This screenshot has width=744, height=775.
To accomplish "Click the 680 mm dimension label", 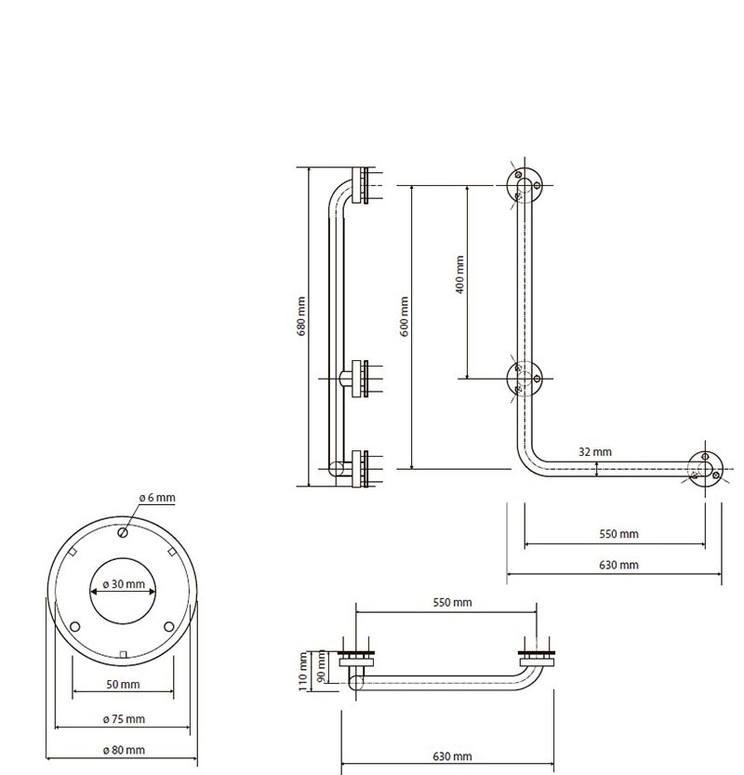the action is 301,316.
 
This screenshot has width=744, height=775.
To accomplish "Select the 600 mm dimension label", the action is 405,316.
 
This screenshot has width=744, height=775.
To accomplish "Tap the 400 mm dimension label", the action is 459,274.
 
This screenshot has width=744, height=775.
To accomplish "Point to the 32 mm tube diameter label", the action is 595,452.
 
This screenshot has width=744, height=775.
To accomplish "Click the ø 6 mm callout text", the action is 157,497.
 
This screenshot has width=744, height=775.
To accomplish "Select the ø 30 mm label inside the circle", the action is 124,583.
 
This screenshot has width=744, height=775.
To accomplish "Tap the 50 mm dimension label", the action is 123,685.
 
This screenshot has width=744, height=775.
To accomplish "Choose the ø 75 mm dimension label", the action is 124,719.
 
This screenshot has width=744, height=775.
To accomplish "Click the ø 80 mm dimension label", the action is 124,750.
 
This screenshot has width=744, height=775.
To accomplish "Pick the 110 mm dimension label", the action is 303,671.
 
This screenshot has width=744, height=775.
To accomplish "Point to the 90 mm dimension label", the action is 321,666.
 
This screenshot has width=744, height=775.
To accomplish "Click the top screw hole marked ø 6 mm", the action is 123,532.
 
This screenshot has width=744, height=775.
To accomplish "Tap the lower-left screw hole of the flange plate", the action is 75,627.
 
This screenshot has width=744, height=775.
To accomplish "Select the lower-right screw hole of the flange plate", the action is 169,627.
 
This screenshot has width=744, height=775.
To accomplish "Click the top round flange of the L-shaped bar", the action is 525,185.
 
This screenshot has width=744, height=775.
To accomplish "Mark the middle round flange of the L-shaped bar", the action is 525,379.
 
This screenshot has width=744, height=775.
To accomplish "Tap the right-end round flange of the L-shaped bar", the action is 706,469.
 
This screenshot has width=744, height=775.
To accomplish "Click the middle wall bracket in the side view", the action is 360,379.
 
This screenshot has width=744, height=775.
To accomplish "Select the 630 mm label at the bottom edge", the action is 452,756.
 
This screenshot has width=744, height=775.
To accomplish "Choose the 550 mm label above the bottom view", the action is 452,603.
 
